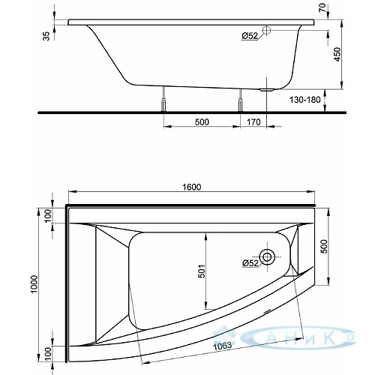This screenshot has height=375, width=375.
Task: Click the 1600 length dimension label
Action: [191, 187]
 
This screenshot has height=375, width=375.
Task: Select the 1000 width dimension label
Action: [34, 284]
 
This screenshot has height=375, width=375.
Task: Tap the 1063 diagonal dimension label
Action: [222, 346]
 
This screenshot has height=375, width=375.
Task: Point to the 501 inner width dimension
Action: [202, 271]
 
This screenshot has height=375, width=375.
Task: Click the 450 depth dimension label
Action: [337, 55]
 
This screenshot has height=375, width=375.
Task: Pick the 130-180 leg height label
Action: [305, 100]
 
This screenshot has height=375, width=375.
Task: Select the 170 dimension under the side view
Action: [253, 122]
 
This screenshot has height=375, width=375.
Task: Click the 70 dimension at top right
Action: [322, 7]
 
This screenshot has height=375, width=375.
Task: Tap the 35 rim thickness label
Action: [46, 36]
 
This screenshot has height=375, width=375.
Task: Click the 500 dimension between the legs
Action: [202, 122]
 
